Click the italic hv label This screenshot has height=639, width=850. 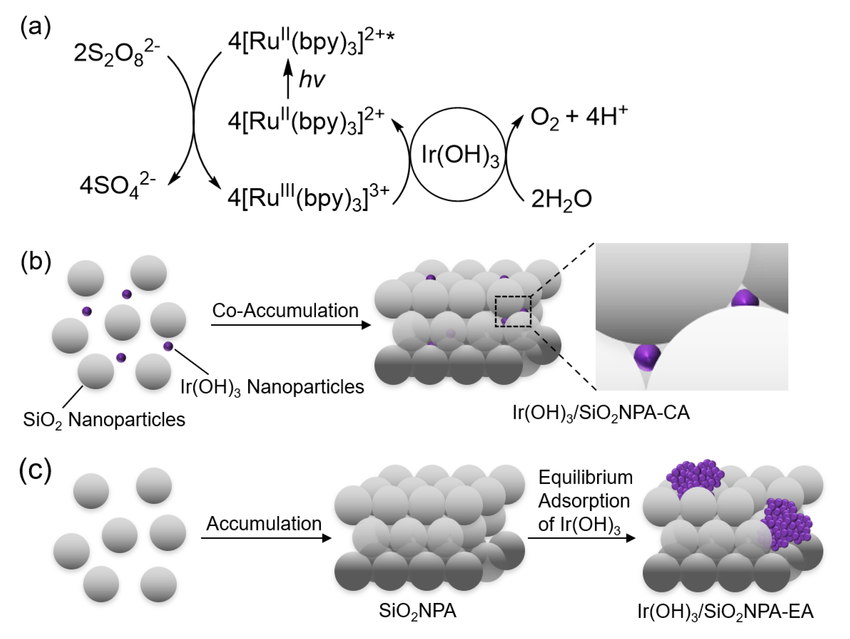coord(312,80)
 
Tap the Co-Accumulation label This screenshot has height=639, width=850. coord(285,311)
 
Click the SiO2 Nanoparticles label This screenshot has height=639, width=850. coord(104,420)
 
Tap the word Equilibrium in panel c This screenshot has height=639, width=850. coord(585,478)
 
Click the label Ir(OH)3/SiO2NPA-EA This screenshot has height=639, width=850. coord(725,611)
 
